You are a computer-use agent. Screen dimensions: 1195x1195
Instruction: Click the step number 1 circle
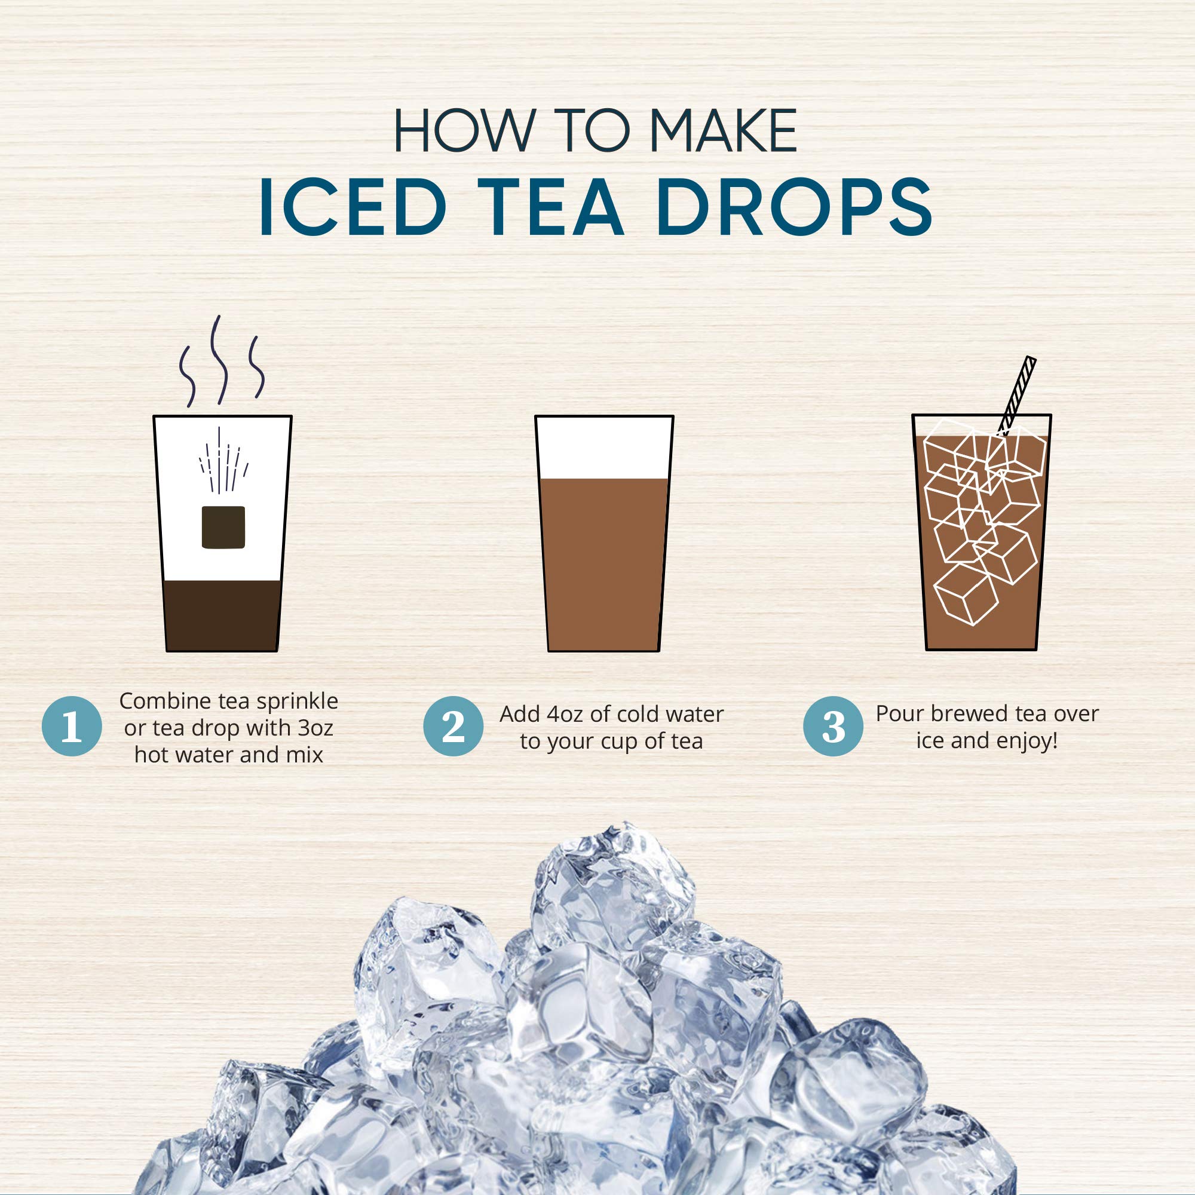click(x=72, y=726)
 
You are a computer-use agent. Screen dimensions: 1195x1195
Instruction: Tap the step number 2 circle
click(x=454, y=726)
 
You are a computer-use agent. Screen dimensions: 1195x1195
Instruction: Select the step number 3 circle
click(x=833, y=726)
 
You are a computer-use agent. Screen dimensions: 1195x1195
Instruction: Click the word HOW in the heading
click(x=463, y=130)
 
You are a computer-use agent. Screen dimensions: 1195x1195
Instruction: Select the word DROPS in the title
click(x=795, y=207)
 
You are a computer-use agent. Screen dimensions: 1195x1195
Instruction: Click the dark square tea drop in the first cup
click(x=223, y=527)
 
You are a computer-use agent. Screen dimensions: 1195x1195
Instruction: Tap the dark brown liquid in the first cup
click(x=223, y=615)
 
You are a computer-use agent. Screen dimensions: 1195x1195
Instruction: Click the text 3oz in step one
click(x=315, y=728)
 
